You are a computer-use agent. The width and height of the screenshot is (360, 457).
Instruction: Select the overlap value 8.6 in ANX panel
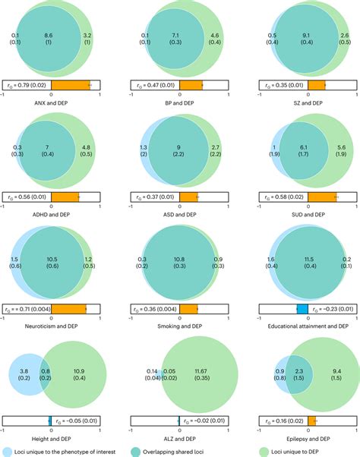pyautogui.click(x=48, y=36)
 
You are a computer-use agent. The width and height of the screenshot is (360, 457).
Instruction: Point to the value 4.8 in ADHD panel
pyautogui.click(x=86, y=148)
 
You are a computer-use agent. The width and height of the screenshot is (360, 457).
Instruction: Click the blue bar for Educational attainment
pyautogui.click(x=302, y=309)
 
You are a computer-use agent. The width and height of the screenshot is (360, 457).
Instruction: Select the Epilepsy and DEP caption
pyautogui.click(x=303, y=439)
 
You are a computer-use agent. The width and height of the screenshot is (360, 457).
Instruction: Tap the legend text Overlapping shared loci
pyautogui.click(x=180, y=451)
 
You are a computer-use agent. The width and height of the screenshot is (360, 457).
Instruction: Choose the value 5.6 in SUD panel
pyautogui.click(x=341, y=148)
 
